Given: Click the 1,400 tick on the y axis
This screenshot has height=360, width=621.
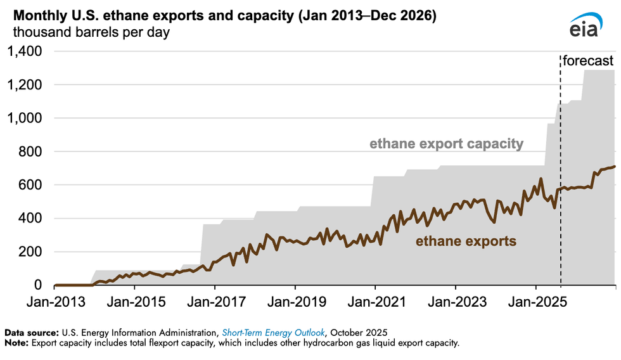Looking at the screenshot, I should click(x=25, y=52).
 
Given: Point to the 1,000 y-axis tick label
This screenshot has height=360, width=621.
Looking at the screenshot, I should click(x=25, y=119).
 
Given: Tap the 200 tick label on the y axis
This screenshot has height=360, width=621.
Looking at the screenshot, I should click(x=31, y=252).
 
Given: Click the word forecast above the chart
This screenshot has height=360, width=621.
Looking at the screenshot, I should click(x=589, y=61).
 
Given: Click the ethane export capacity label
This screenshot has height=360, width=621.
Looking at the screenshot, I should click(x=447, y=145).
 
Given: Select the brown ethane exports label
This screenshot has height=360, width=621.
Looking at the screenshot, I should click(x=466, y=241).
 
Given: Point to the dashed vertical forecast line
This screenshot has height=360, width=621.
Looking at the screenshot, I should click(x=561, y=190).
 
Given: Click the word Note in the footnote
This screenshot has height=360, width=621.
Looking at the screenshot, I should click(x=16, y=344).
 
